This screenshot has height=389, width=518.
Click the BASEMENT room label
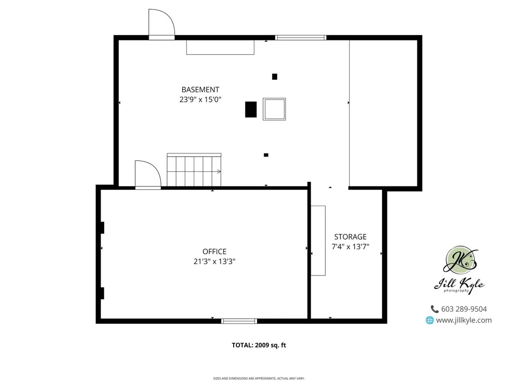pos(200,90)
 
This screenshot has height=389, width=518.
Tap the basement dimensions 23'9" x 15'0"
pos(200,100)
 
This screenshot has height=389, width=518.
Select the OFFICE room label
pos(214,251)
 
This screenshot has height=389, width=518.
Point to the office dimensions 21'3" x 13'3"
pos(214,261)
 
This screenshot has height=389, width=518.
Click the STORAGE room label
pos(350,237)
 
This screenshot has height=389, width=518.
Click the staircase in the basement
pos(194,171)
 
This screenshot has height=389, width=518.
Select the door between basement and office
pos(148,176)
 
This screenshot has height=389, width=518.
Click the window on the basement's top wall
pos(300,37)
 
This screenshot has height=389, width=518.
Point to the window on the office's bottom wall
pos(239,321)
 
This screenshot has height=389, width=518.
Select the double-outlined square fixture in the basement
pos(274,109)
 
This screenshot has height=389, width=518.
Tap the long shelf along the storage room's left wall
pos(318,241)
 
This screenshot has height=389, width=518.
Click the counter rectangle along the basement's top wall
pos(220,47)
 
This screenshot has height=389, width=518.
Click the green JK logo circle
pos(460,262)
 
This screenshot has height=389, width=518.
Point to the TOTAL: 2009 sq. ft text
pos(259,345)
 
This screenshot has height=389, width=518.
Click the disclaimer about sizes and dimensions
pos(259,378)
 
